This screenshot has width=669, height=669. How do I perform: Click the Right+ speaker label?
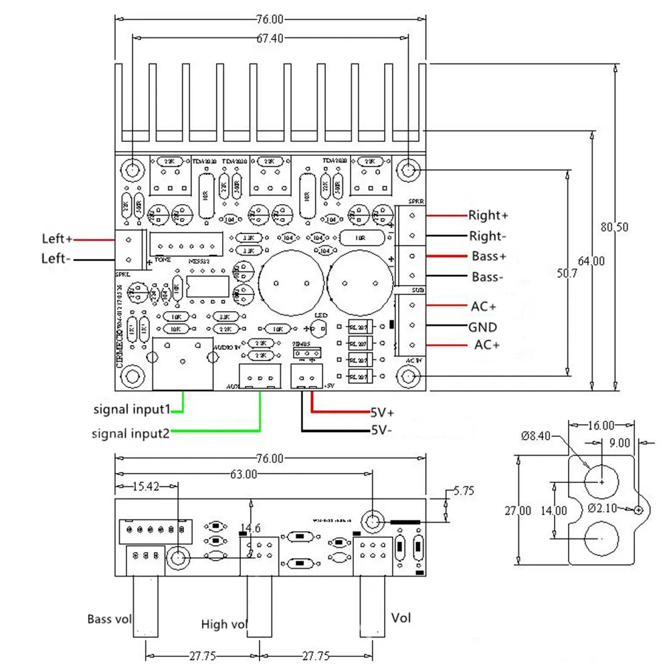click(488, 215)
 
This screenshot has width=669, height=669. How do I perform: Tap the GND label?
click(482, 327)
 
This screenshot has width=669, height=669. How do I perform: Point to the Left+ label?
click(57, 239)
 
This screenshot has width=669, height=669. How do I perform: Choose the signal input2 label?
click(131, 434)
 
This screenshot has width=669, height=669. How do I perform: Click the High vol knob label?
click(224, 624)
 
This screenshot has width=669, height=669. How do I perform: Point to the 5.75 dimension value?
click(463, 490)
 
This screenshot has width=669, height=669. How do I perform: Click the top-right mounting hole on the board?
click(409, 170)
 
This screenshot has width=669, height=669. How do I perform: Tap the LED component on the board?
click(320, 328)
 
